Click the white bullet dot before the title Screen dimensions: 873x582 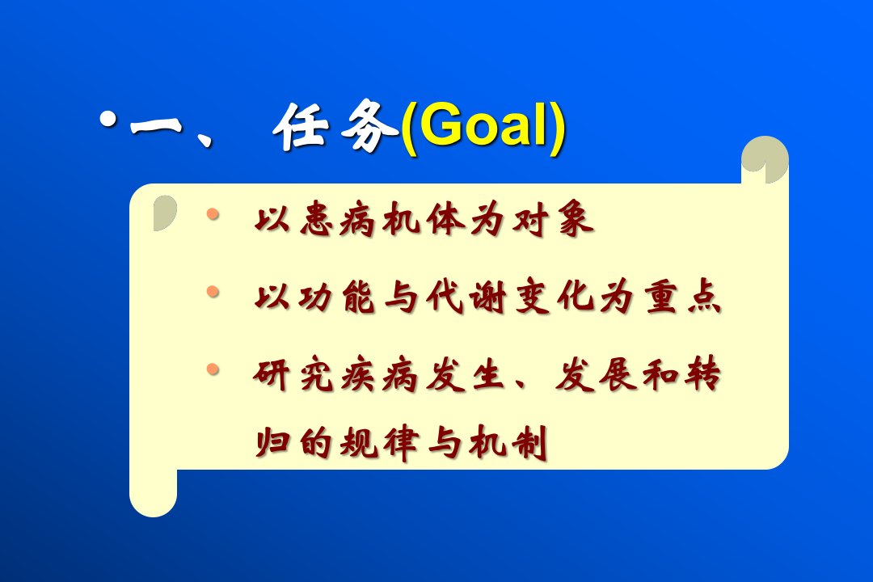pos(108,119)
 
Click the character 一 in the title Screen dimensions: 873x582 pos(157,124)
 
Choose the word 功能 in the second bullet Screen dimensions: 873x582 pos(337,296)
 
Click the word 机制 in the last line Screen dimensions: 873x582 pos(508,443)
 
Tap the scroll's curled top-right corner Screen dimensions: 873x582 pos(765,159)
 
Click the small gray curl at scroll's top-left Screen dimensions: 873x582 pos(164,213)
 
